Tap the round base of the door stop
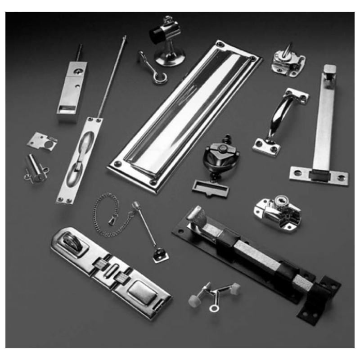pyautogui.click(x=169, y=58)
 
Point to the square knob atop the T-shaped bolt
pyautogui.click(x=330, y=71)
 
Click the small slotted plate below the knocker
pyautogui.click(x=211, y=186)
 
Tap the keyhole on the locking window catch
pyautogui.click(x=282, y=198)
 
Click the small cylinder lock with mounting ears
pyautogui.click(x=36, y=169)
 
